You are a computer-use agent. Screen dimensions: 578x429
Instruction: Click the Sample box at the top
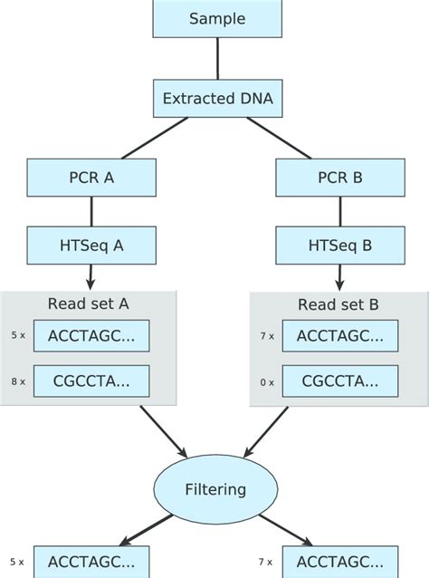217,18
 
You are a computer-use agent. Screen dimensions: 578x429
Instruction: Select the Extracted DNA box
217,98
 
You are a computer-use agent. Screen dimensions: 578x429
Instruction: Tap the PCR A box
91,178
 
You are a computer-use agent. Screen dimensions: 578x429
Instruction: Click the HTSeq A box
91,245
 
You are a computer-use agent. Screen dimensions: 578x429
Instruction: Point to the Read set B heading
338,304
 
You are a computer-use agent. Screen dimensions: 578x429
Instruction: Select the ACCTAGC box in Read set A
91,335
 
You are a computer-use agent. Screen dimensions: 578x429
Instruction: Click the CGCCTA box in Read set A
91,381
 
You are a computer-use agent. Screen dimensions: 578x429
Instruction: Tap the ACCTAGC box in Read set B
339,335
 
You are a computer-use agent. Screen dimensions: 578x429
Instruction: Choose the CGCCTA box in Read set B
339,381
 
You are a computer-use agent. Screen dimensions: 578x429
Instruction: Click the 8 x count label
17,382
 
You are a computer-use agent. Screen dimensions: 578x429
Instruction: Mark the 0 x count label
266,382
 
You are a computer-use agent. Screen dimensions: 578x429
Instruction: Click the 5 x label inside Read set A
17,335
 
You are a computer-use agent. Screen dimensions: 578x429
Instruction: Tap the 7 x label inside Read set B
266,335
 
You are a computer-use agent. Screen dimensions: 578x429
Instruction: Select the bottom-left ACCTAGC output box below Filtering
91,562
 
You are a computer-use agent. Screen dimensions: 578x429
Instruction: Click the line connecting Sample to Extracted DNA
217,58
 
